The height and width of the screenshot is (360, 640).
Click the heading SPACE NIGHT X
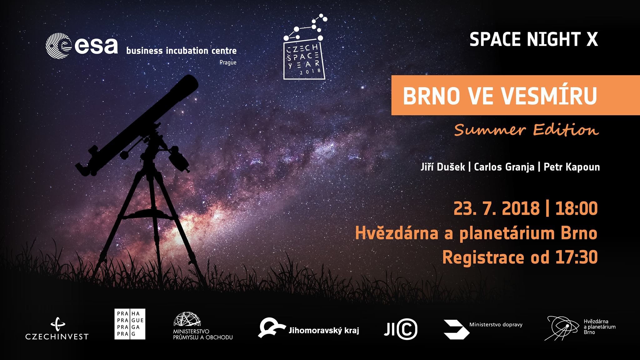click(x=533, y=40)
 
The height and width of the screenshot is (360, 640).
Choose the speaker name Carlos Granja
click(x=504, y=167)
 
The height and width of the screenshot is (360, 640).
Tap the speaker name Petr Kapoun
click(x=572, y=167)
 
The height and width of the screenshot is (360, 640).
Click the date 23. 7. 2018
click(x=497, y=209)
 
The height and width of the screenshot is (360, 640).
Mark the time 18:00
click(x=576, y=209)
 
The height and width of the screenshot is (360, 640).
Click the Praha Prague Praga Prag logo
click(x=130, y=324)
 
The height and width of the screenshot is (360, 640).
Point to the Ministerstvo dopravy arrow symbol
click(x=457, y=329)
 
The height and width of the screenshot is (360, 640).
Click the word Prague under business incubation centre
click(x=228, y=62)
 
